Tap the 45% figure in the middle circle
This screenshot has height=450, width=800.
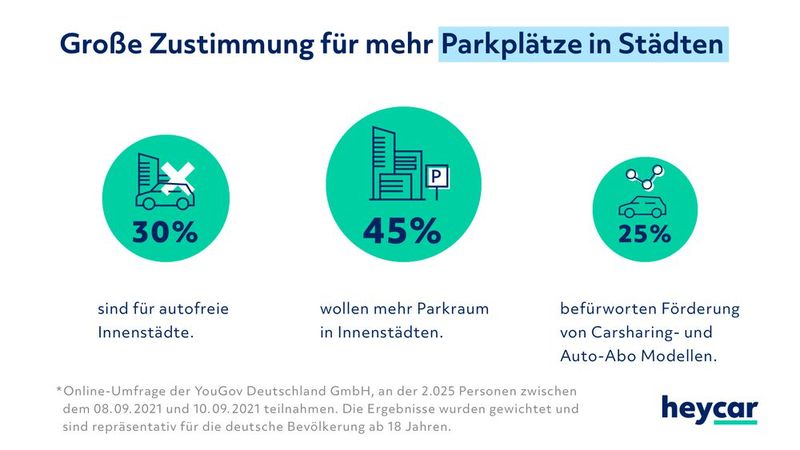click(400, 231)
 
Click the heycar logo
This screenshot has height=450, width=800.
click(709, 409)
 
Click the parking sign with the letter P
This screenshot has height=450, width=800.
click(438, 178)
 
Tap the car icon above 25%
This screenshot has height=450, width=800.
click(643, 207)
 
